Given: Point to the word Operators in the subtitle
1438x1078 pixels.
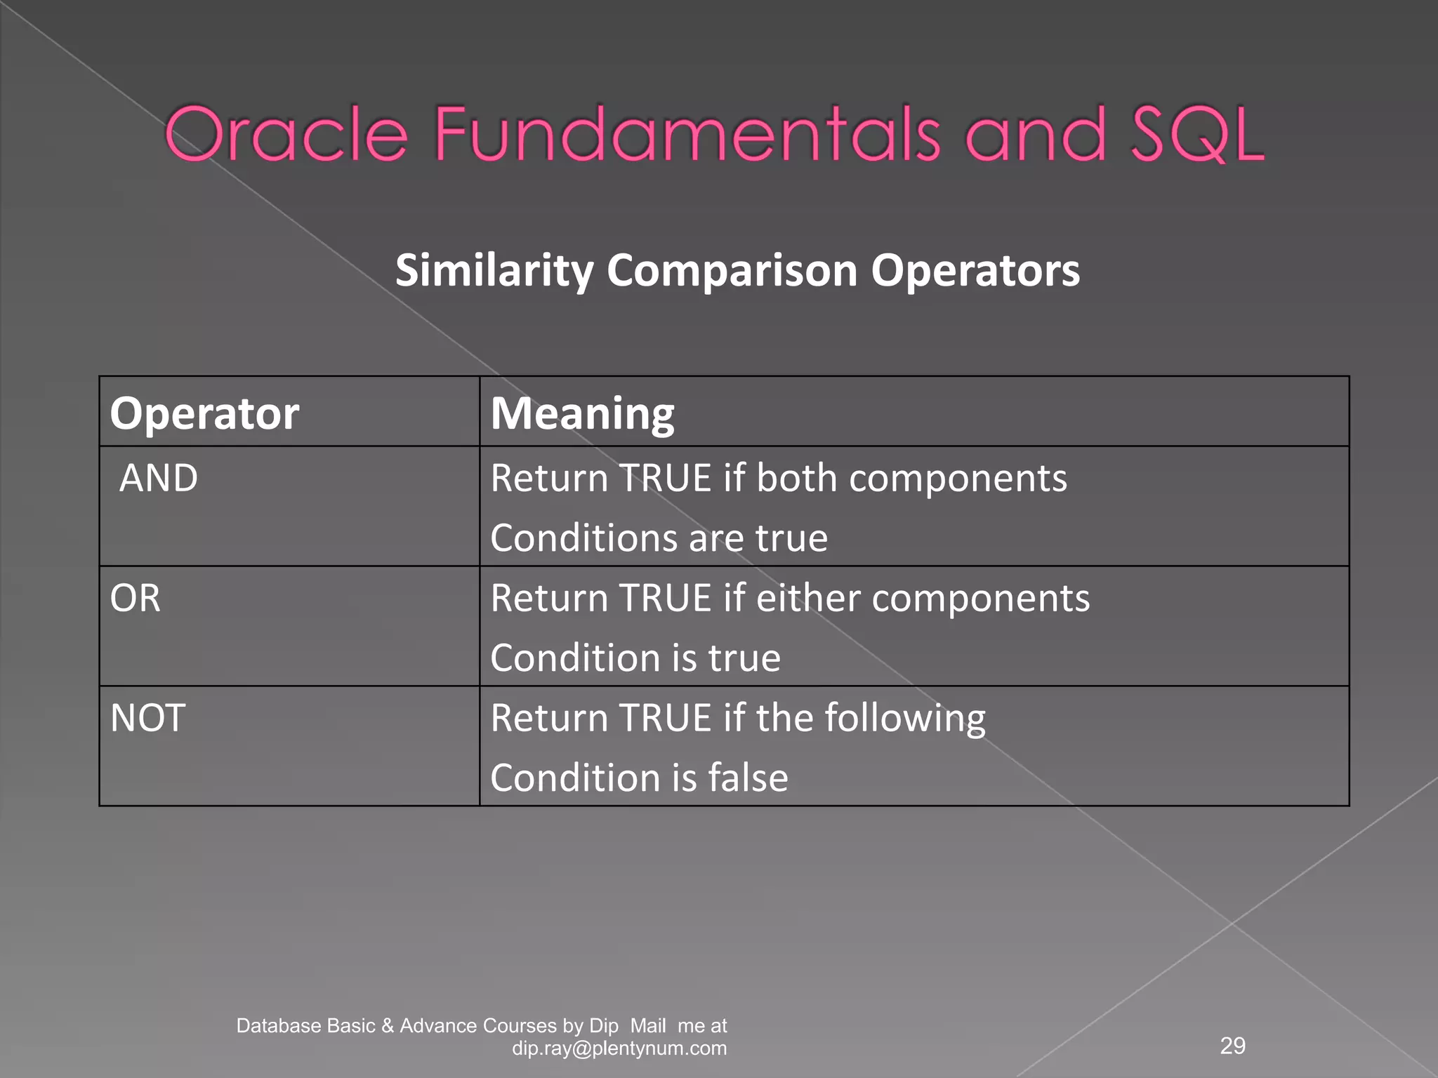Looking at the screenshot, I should tap(975, 271).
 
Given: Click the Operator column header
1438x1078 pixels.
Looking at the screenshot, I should tap(204, 413).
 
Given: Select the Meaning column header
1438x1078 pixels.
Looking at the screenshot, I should tap(582, 413).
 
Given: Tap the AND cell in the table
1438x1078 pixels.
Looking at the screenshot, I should tap(159, 479).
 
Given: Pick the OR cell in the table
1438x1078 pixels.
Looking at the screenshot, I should tap(135, 599).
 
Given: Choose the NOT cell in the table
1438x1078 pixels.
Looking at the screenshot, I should tap(147, 719).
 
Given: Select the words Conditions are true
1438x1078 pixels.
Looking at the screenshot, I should tap(659, 539).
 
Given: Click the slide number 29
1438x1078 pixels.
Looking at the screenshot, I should tap(1233, 1046).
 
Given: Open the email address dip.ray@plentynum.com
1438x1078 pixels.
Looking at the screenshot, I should tap(619, 1049).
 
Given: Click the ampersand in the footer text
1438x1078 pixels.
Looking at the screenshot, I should tap(388, 1026).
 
